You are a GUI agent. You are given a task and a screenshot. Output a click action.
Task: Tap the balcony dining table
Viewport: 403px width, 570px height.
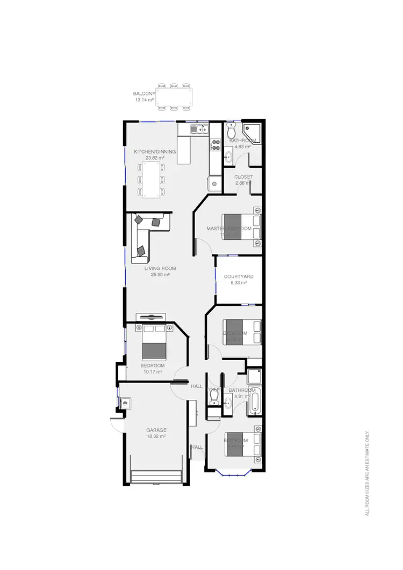pyautogui.click(x=174, y=97)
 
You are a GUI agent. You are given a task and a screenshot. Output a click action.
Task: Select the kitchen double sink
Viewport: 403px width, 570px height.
pyautogui.click(x=199, y=129)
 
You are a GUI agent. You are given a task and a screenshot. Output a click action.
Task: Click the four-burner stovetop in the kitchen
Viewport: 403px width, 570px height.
pyautogui.click(x=215, y=144)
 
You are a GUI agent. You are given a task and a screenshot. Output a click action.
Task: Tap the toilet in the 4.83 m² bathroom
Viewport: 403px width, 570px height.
pyautogui.click(x=231, y=131)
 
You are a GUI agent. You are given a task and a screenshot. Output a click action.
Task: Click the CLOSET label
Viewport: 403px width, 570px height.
pyautogui.click(x=243, y=177)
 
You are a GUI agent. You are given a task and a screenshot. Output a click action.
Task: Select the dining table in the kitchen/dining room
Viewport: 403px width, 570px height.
pyautogui.click(x=151, y=179)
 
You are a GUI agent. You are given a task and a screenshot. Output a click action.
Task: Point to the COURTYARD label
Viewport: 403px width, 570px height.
pyautogui.click(x=239, y=276)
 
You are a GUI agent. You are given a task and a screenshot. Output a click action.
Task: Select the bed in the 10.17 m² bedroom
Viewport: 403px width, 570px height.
pyautogui.click(x=155, y=344)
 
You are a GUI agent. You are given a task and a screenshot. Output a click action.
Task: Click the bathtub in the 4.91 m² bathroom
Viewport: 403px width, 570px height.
pyautogui.click(x=255, y=400)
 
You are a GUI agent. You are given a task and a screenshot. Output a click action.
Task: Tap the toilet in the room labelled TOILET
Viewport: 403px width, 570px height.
pyautogui.click(x=214, y=397)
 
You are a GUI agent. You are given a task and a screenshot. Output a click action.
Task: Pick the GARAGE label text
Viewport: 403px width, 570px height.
pyautogui.click(x=157, y=430)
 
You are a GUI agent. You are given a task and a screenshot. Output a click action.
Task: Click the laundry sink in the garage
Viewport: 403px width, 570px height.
pyautogui.click(x=126, y=403)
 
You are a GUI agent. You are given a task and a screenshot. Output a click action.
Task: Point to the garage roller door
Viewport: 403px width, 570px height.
pyautogui.click(x=158, y=477)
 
